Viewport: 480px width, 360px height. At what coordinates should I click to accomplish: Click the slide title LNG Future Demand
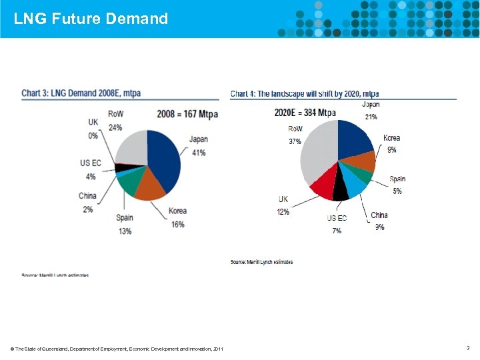[x=91, y=19]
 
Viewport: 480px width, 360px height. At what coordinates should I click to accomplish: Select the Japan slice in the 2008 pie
[x=165, y=160]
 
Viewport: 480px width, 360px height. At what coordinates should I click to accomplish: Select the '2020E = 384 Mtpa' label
[x=305, y=113]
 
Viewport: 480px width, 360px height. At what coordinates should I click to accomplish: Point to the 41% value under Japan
[x=198, y=153]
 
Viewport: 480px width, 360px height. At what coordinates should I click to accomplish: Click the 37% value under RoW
[x=295, y=141]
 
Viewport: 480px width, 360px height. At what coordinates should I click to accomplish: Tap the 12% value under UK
[x=283, y=212]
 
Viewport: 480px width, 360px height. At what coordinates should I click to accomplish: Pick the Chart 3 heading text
[x=81, y=93]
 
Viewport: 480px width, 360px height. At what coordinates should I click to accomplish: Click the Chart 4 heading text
[x=305, y=93]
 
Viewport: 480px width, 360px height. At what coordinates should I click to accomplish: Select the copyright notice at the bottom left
[x=117, y=349]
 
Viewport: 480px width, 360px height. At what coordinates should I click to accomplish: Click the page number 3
[x=467, y=348]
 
